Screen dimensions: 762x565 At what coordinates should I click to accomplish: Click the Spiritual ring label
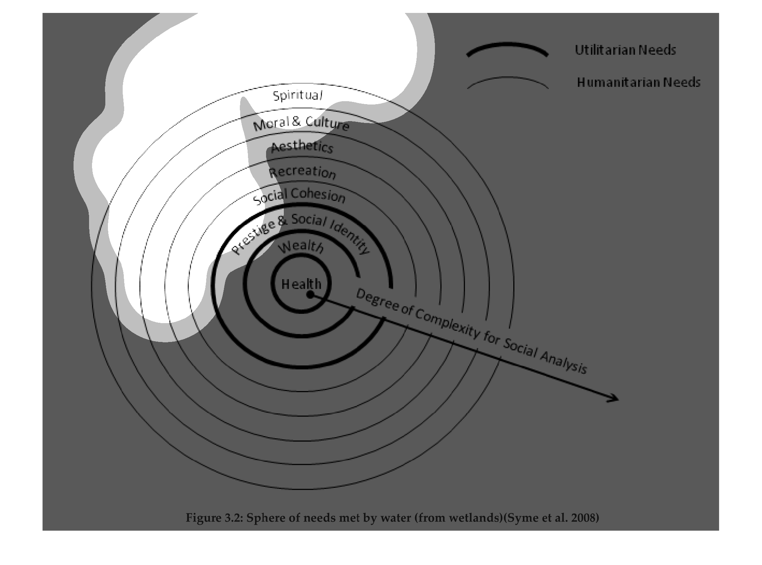pos(298,95)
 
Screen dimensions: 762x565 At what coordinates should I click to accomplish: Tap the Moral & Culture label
pos(301,124)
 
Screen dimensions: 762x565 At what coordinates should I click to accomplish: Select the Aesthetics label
pos(302,147)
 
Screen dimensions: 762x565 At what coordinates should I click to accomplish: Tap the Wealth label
pos(301,246)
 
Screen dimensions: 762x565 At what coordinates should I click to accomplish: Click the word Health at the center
pos(301,284)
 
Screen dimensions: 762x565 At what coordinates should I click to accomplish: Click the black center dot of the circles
pos(310,294)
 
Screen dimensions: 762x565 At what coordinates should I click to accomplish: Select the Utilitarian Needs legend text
pos(625,50)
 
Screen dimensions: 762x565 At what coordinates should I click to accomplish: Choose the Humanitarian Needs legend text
pos(639,82)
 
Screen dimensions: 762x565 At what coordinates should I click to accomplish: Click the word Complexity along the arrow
pos(447,323)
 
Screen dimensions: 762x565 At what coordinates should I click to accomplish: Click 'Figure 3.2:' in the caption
pos(214,518)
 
